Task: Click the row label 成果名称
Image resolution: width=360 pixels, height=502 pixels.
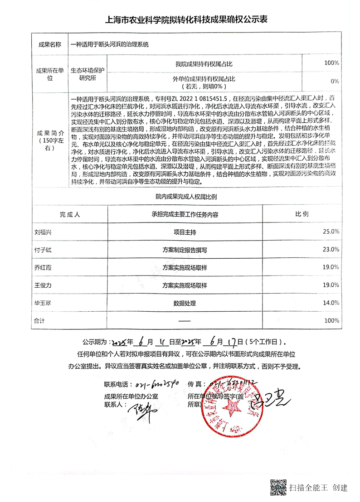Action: coord(49,45)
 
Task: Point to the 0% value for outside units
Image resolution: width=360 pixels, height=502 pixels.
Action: coord(335,81)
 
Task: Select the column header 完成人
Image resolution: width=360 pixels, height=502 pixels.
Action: coord(70,214)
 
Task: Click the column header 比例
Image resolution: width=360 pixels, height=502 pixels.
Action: coord(302,214)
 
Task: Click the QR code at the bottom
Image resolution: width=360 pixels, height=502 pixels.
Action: coord(278,487)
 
